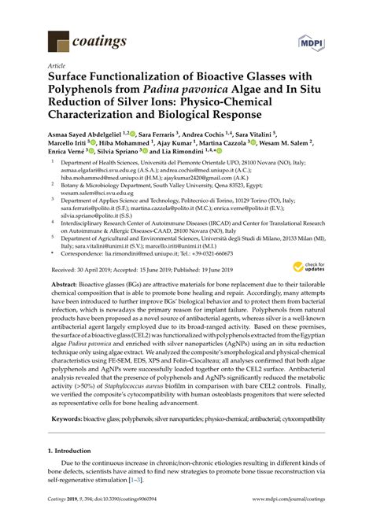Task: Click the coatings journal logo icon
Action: pyautogui.click(x=58, y=41)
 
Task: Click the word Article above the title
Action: pyautogui.click(x=57, y=68)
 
